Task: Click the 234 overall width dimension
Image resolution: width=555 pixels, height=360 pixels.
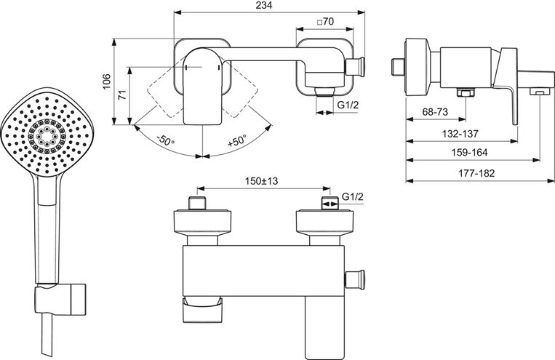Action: click(264, 5)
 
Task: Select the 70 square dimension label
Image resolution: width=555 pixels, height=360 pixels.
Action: click(325, 22)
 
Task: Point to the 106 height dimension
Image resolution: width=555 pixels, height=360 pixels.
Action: click(106, 81)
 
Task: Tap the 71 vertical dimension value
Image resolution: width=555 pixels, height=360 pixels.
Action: click(122, 95)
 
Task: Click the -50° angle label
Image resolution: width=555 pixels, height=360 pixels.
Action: click(166, 140)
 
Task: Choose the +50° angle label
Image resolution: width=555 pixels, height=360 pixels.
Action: click(237, 140)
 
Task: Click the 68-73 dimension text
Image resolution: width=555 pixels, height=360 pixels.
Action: click(435, 112)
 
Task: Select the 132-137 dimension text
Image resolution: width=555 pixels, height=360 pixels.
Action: click(460, 134)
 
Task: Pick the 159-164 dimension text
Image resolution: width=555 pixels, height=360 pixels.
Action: click(469, 153)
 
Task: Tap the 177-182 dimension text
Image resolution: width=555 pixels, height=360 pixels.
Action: click(476, 173)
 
